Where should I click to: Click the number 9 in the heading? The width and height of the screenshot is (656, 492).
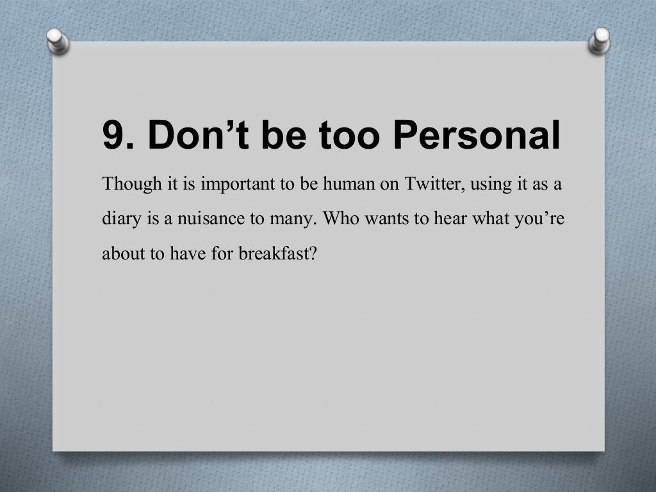[114, 135]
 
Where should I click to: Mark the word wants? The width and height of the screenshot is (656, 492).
[379, 219]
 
